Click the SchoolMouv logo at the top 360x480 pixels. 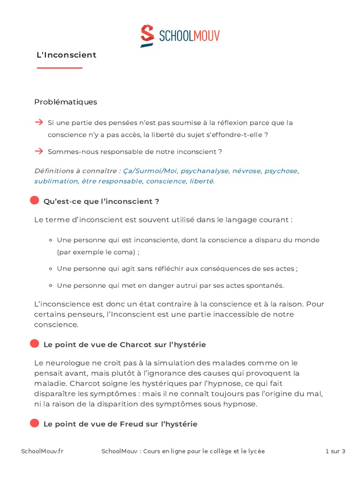click(x=180, y=36)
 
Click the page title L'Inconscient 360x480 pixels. click(x=67, y=55)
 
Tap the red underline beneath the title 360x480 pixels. click(x=60, y=68)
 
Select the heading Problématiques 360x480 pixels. click(x=66, y=102)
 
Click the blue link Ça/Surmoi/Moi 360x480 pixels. click(x=150, y=171)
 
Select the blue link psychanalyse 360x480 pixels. click(x=205, y=171)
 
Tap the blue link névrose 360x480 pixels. click(x=246, y=171)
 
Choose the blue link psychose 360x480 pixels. click(x=281, y=171)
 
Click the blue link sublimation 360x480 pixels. click(x=56, y=181)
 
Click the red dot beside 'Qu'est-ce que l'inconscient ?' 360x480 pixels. click(x=35, y=201)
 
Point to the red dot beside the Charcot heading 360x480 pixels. click(x=35, y=344)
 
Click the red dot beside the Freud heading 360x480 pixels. click(x=35, y=423)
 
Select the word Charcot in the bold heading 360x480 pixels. click(x=136, y=345)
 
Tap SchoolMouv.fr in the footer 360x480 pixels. click(x=42, y=451)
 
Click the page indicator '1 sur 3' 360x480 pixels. click(x=335, y=451)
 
